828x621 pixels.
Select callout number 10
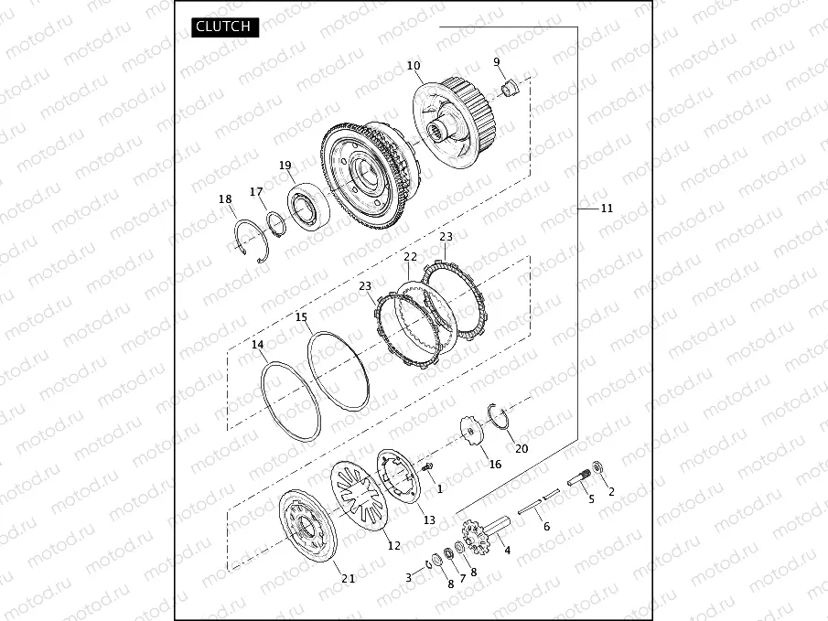pos(414,66)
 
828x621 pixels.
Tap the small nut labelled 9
pos(511,88)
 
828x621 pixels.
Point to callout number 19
pos(285,166)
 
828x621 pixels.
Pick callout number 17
pos(256,192)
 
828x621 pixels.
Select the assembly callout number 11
pos(607,209)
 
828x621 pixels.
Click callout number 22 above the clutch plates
pos(410,257)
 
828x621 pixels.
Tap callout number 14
pos(258,345)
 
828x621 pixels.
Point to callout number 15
pos(301,316)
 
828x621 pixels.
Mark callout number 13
pos(428,519)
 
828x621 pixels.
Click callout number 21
pos(348,578)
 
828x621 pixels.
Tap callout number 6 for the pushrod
pos(546,527)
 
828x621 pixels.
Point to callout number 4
pos(507,551)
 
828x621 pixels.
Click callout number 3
pos(409,578)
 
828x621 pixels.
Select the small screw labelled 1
pos(427,467)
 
